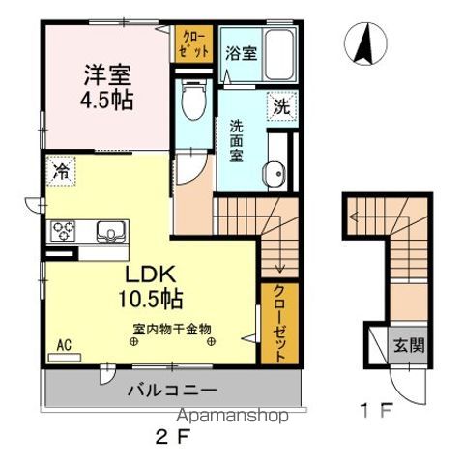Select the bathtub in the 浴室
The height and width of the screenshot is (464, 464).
click(x=279, y=55)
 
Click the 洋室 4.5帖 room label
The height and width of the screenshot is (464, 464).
click(x=106, y=87)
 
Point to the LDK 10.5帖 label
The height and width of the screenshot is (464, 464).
click(x=151, y=287)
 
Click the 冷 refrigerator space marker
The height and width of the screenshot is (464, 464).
click(x=61, y=171)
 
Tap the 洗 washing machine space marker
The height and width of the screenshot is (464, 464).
click(x=281, y=106)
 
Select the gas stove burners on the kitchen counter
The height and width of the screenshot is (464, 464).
click(x=63, y=231)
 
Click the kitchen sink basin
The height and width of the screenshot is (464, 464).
click(x=111, y=231)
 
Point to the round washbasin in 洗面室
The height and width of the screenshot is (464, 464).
click(x=275, y=173)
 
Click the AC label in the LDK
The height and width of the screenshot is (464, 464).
click(x=64, y=345)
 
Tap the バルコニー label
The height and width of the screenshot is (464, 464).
click(x=173, y=391)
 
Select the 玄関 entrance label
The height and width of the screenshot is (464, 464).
click(x=409, y=346)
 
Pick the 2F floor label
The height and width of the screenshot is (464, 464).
click(x=173, y=438)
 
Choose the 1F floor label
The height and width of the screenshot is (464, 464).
click(x=377, y=410)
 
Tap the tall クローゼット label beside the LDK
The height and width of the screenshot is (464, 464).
click(x=279, y=324)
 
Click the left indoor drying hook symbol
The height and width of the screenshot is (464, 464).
click(x=133, y=342)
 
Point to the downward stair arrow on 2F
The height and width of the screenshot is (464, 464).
click(x=279, y=243)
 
